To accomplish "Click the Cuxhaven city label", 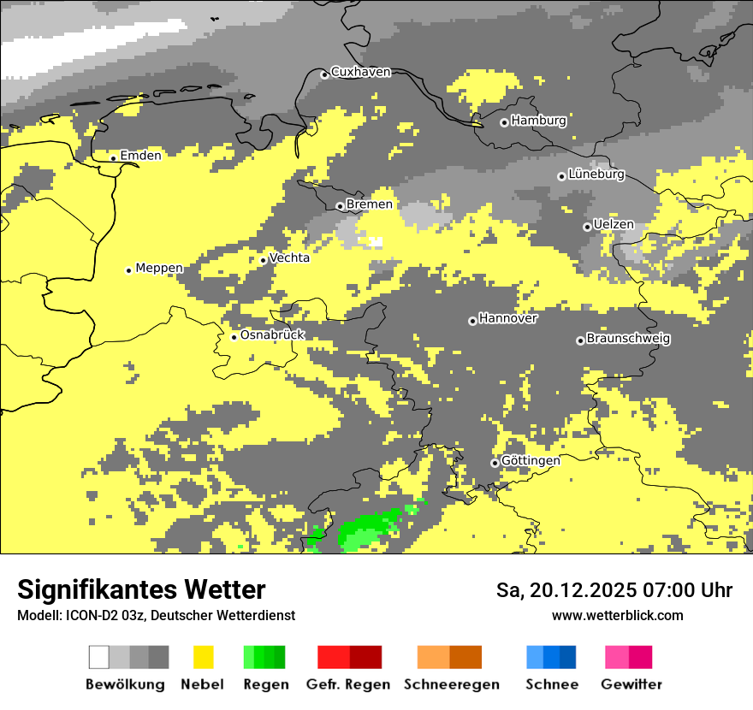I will [360, 72].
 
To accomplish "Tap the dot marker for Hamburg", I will [504, 122].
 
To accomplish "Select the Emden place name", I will [140, 156].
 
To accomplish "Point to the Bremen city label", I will [370, 204].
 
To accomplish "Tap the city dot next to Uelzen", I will [587, 227].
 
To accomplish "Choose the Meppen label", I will [159, 268].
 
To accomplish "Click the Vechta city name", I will [289, 257].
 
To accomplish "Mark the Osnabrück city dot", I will [234, 337].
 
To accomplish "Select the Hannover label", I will [508, 318].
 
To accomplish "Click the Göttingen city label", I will [531, 461].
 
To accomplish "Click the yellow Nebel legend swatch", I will [204, 657].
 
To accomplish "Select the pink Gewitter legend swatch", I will [617, 657].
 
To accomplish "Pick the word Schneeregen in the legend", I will [452, 684].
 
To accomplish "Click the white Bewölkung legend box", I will [99, 657].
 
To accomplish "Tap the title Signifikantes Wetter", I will [141, 589].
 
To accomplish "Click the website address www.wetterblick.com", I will [617, 615].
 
